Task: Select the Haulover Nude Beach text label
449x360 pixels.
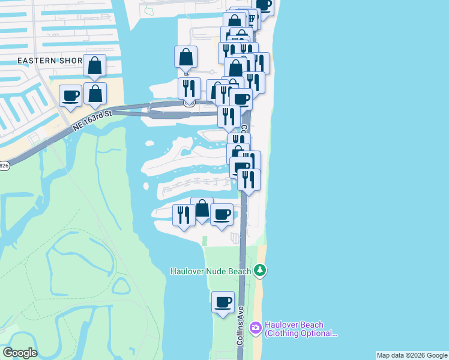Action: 210,271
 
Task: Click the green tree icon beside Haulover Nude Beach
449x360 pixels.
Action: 259,271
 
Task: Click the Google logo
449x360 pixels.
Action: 20,353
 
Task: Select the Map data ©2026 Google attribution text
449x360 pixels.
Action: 412,355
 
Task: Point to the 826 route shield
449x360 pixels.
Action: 3,166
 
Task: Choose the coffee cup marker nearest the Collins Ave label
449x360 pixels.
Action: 223,302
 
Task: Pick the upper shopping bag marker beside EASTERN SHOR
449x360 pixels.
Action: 95,65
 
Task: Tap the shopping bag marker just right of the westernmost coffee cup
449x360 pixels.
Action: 95,94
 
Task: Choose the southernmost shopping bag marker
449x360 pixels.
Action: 202,209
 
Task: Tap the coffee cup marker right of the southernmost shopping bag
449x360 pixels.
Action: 222,214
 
